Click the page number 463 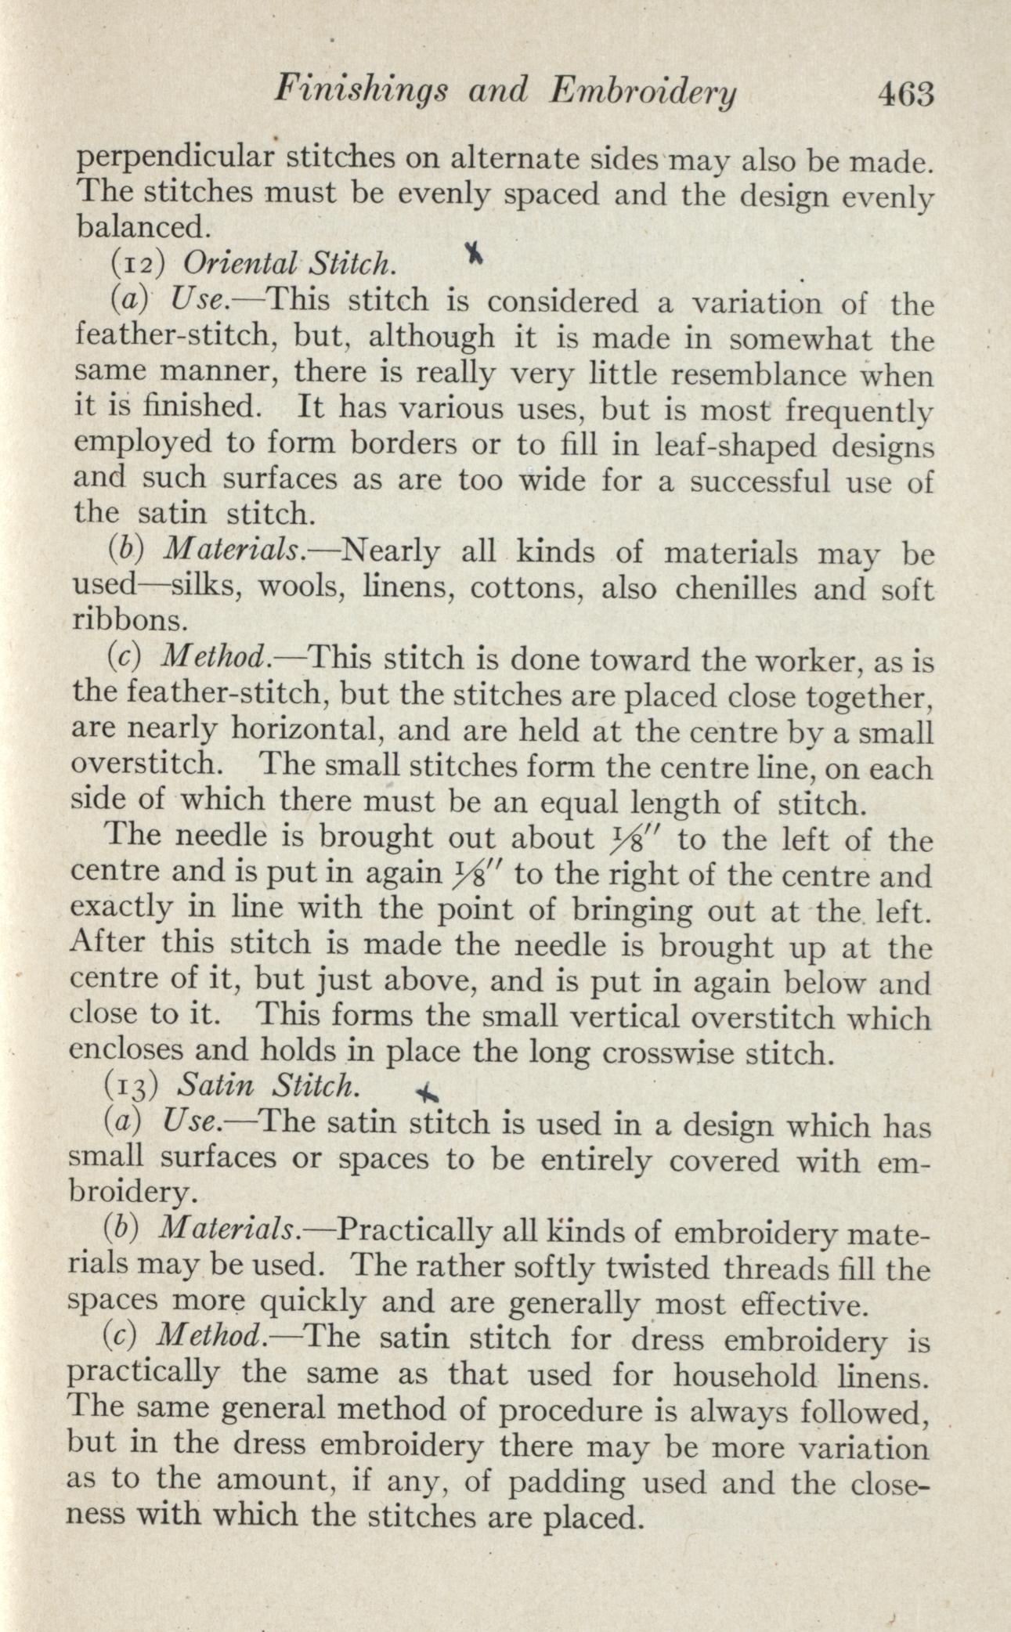tap(907, 96)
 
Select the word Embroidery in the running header tap(645, 94)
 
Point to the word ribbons tap(130, 621)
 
